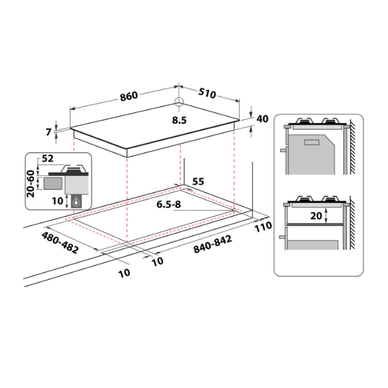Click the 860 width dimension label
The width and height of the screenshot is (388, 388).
point(129,96)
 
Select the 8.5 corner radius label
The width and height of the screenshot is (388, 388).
point(179,120)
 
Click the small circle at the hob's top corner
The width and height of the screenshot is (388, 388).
point(178,102)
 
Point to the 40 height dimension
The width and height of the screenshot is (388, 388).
point(263,119)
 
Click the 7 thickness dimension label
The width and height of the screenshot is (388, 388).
point(48,132)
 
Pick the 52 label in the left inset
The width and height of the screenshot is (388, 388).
point(47,158)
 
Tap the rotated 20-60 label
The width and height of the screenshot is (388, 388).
point(30,184)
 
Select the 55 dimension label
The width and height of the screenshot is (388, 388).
point(199,182)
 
